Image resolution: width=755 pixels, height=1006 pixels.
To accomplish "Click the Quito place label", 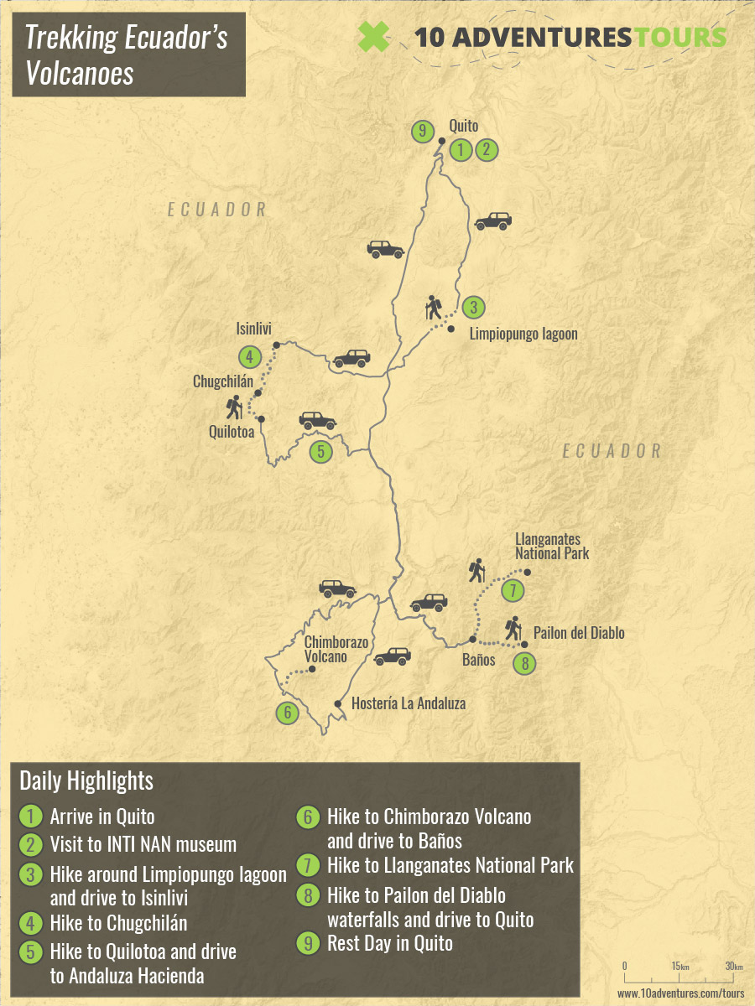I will [463, 127].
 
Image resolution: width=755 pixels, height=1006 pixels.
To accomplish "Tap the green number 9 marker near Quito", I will [424, 131].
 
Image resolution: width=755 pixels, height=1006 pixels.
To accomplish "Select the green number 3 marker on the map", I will [474, 308].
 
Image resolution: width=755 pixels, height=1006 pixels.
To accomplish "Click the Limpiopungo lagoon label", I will [523, 334].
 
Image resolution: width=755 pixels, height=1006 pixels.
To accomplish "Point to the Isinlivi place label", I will [254, 329].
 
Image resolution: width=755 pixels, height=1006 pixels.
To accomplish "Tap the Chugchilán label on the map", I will [222, 381].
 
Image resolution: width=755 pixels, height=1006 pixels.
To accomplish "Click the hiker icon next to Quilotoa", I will [234, 408].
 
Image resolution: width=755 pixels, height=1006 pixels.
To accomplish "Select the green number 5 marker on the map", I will [320, 452].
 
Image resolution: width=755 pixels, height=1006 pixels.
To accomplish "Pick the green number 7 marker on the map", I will [513, 590].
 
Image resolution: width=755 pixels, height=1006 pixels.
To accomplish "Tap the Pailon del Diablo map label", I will [579, 633].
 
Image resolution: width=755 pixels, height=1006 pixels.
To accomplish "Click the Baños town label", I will [478, 660].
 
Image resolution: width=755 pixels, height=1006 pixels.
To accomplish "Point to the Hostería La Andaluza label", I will [409, 703].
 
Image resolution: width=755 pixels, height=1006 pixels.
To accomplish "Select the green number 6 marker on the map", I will [287, 713].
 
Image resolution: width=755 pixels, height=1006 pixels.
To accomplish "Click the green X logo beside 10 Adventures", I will [374, 36].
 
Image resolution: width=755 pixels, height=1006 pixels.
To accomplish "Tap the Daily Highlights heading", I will [86, 781].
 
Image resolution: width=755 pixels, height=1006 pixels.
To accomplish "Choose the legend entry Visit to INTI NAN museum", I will [143, 844].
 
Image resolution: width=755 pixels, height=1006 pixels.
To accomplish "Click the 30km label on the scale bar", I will [733, 967].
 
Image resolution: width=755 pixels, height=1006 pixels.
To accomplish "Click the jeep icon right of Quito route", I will [492, 221].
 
